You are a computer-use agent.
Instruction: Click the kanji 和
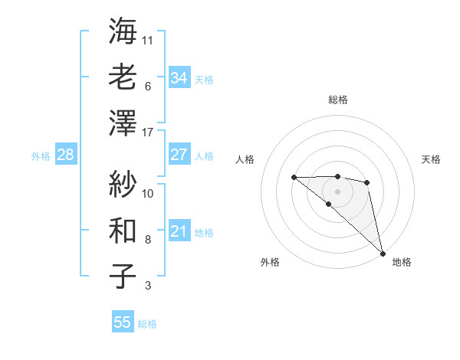(123, 231)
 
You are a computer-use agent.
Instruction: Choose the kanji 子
(123, 277)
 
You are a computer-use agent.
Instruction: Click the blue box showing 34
(179, 78)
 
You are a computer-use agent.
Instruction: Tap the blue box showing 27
(179, 155)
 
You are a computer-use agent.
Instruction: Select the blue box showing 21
(179, 231)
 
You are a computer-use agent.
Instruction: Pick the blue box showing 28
(65, 155)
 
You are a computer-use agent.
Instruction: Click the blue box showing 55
(123, 322)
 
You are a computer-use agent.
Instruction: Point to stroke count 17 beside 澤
(148, 133)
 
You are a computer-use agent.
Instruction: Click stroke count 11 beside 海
(148, 39)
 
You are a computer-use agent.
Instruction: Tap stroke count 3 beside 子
(147, 286)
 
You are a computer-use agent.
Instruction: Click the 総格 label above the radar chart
(337, 100)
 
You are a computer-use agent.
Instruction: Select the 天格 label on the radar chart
(431, 159)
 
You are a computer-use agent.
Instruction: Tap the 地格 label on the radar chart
(402, 262)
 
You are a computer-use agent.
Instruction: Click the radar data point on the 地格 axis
(383, 252)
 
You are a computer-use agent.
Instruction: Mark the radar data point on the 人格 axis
(294, 177)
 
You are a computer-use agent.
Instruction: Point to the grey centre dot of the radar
(337, 191)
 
